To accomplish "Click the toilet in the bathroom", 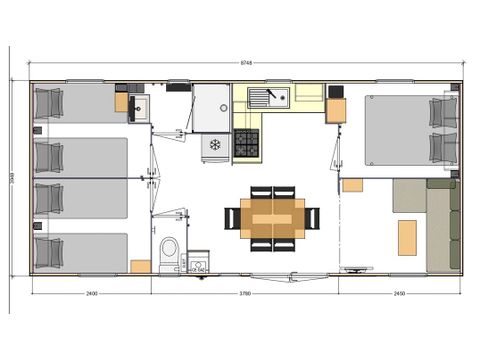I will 169,250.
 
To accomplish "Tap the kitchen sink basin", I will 269,97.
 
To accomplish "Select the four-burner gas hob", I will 247,144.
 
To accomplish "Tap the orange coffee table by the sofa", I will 407,237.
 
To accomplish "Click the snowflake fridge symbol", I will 213,145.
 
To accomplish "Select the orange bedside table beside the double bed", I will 353,185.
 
